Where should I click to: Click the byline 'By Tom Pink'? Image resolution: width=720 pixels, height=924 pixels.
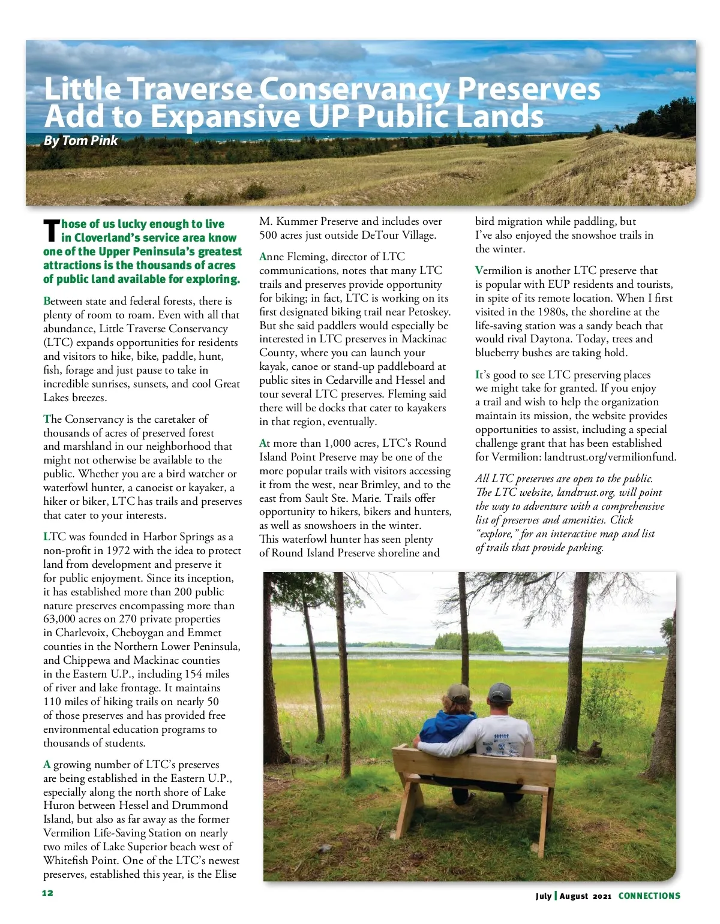80,141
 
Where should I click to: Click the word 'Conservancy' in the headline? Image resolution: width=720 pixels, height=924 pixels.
353,89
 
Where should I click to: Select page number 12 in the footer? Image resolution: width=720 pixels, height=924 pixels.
47,893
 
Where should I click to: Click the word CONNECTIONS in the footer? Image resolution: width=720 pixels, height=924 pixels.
649,896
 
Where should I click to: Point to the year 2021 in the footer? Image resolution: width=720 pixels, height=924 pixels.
602,896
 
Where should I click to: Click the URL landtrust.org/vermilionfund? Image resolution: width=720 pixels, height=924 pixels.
610,457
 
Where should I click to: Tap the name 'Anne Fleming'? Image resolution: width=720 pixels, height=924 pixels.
293,257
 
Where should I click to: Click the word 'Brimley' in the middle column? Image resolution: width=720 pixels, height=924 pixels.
380,484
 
